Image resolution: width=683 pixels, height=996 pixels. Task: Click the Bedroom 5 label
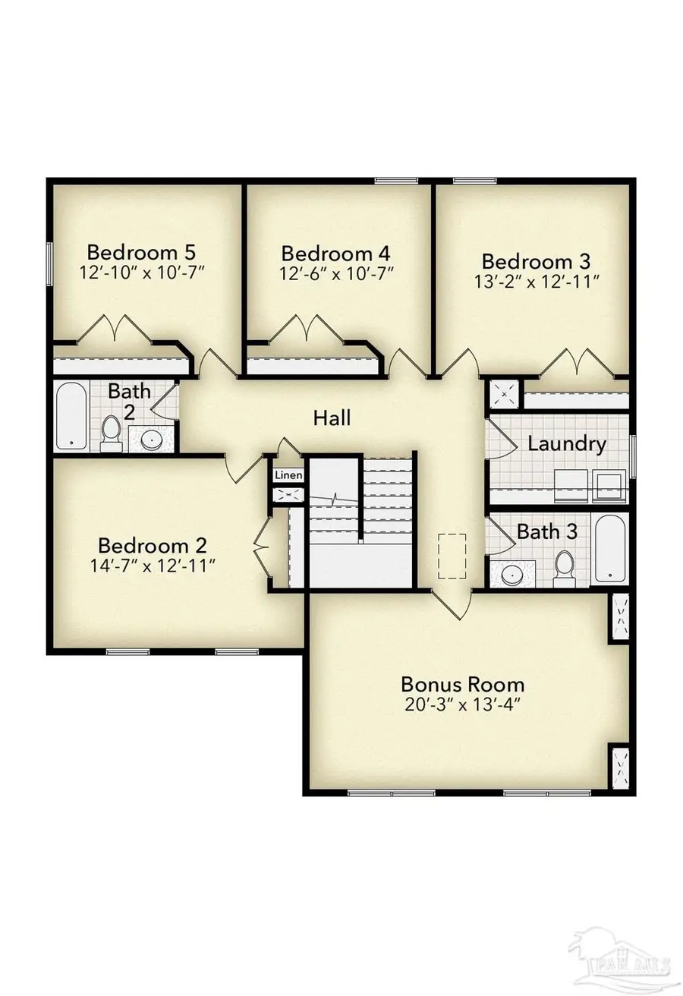(141, 252)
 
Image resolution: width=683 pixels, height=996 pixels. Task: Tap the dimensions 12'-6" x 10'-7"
(337, 273)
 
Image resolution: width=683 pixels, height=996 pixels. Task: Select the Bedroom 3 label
(536, 261)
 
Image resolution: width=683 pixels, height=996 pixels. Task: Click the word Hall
(332, 418)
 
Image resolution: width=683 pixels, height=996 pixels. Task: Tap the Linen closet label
(289, 475)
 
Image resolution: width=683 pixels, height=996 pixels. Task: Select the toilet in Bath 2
(111, 434)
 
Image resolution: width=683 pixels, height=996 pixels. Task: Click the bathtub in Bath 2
(71, 416)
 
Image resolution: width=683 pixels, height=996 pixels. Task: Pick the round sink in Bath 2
(152, 440)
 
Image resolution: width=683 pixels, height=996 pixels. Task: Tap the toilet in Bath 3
(565, 569)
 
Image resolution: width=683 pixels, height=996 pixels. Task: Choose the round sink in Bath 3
(512, 575)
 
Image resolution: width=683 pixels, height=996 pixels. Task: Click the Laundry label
(567, 444)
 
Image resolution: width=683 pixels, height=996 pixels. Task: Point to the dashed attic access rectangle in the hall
(452, 556)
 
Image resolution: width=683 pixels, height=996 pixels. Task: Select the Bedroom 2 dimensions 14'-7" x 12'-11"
(153, 566)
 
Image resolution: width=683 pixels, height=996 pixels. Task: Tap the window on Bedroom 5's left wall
(49, 263)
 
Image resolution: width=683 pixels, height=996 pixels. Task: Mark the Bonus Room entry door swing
(452, 605)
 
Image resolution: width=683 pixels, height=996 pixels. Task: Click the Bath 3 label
(547, 531)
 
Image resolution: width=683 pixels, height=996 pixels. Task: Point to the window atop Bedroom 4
(396, 181)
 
